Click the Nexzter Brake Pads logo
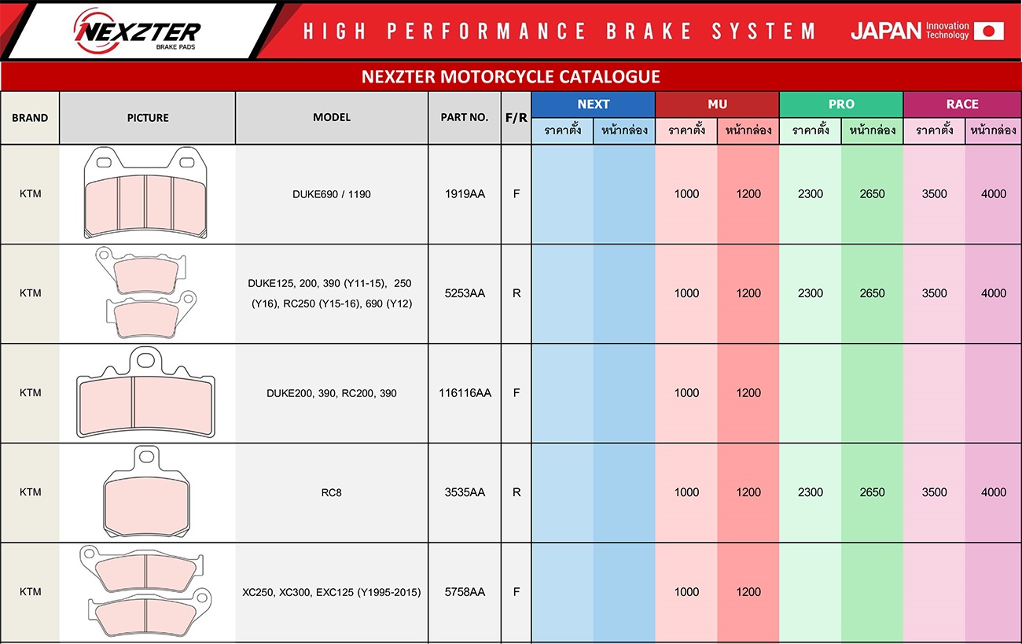137,31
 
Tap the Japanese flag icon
989,31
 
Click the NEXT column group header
593,104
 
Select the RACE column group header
962,104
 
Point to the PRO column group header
841,104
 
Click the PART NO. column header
465,117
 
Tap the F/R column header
516,118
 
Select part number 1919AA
465,194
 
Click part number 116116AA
465,393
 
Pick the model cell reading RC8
331,492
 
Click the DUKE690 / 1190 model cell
331,194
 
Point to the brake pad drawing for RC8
146,492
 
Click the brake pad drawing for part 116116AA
145,392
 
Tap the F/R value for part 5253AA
517,293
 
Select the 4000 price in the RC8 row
993,492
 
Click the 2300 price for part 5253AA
811,293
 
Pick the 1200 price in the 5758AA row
748,592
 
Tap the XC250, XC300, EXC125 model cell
331,592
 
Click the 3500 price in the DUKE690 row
935,194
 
